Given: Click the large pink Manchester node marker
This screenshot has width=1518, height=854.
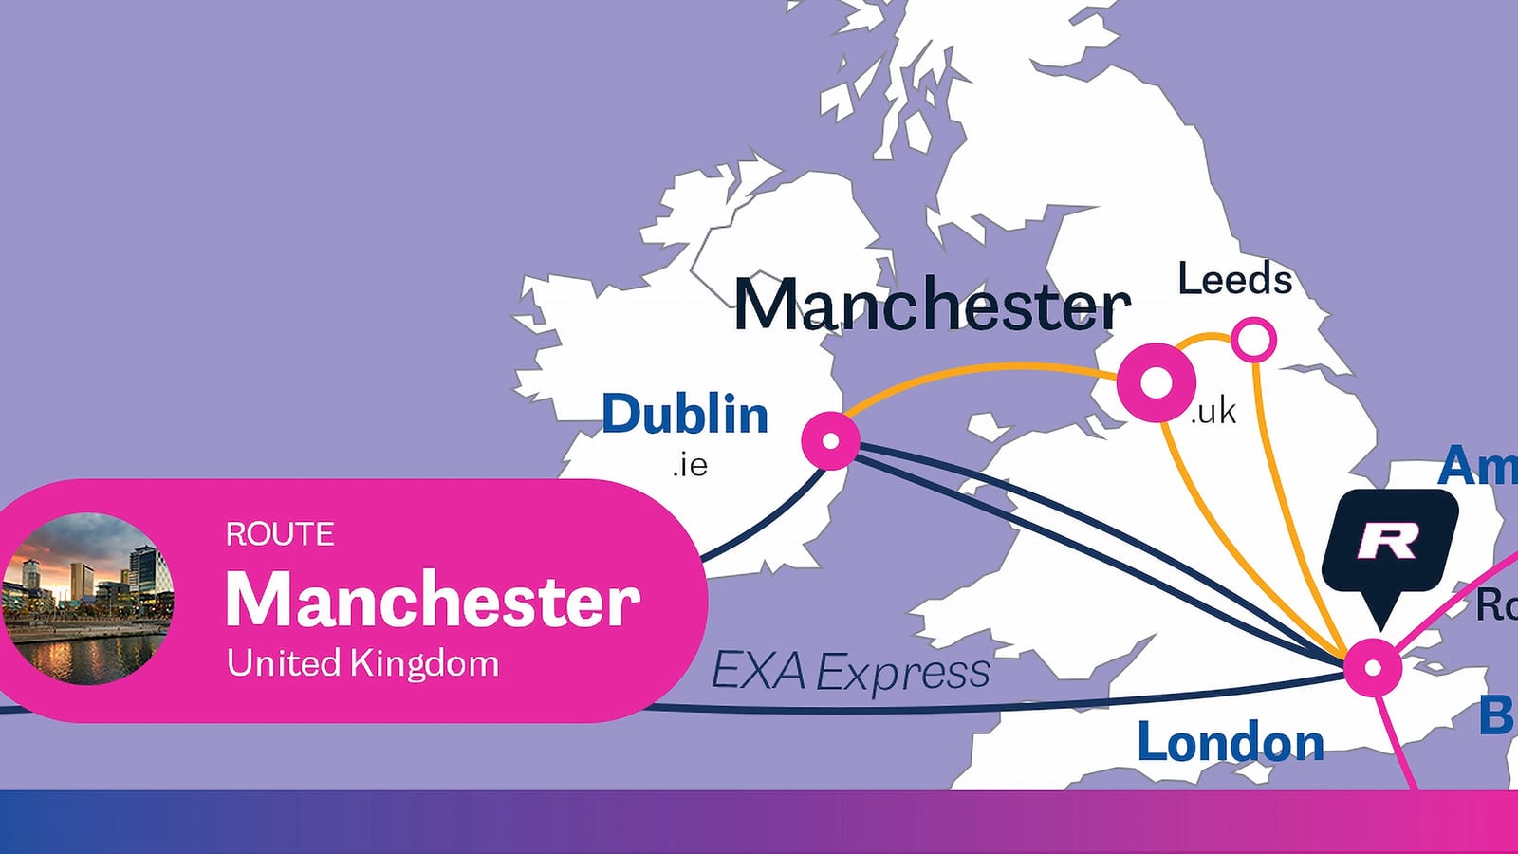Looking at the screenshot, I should pos(1157,382).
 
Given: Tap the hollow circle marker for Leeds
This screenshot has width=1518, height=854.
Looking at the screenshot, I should pos(1253,339).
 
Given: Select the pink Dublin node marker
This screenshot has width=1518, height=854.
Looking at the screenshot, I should pos(830,440).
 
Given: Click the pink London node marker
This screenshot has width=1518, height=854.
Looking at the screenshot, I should pos(1372,667).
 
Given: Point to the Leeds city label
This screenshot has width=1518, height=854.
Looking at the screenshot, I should pos(1234,279).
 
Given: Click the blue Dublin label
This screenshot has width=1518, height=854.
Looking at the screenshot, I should pos(684,415).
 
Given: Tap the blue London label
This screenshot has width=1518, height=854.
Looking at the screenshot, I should pos(1231,742).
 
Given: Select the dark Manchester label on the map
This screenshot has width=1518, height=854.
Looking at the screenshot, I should pos(933,306).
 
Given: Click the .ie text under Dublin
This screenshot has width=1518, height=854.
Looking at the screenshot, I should pos(690,465).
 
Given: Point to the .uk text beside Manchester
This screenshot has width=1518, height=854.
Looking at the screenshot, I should pos(1213,412).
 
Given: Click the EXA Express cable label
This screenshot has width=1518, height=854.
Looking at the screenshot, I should pos(850,672).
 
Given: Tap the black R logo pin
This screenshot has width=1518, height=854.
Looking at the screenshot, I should pos(1389,543).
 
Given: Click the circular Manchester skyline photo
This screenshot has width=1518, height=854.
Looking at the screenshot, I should pos(88,599).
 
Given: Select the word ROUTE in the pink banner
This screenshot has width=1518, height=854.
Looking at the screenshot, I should pos(280,534).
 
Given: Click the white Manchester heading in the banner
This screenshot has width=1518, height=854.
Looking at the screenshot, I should pos(433,600).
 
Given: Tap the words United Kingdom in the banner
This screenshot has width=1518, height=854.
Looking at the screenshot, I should pos(362,663).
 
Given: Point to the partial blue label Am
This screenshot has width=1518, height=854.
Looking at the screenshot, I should pos(1476,467).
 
